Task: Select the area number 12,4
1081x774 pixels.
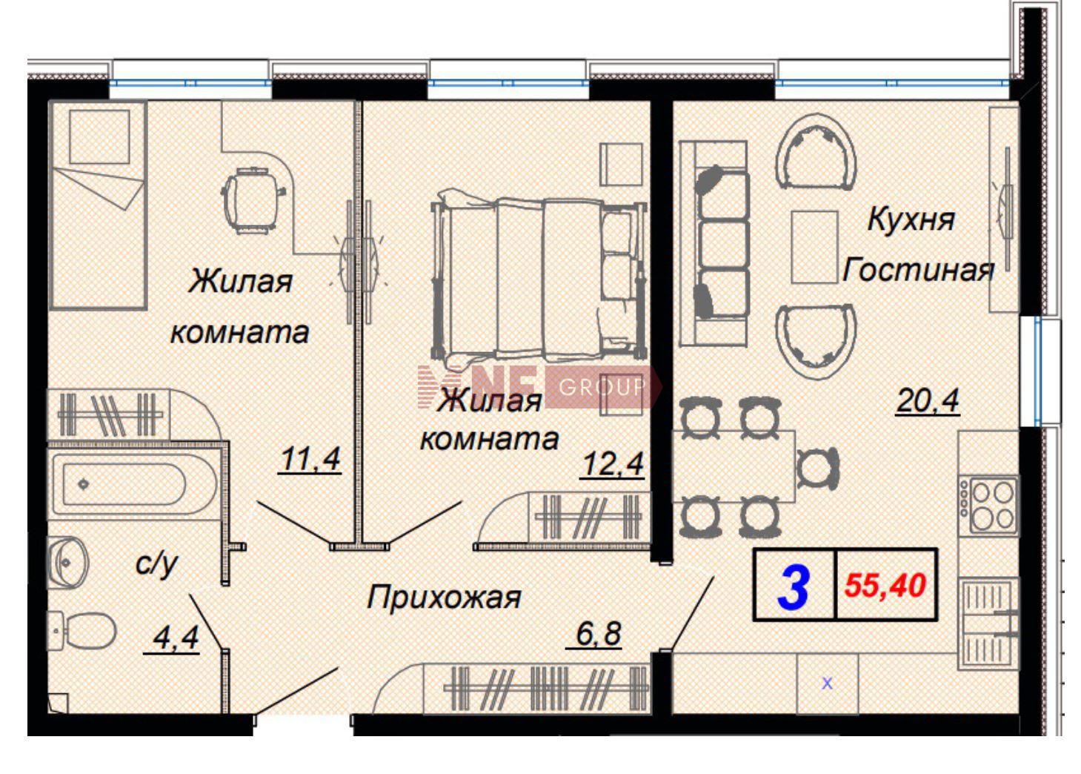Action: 613,464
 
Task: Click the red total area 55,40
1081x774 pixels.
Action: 885,586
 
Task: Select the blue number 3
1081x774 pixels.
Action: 794,587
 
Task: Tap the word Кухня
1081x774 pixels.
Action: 911,219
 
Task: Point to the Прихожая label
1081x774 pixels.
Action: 444,598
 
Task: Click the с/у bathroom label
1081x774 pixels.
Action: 157,564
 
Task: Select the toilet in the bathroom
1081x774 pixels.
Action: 82,631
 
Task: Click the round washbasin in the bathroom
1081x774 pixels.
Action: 68,563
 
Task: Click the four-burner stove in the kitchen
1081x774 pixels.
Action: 989,505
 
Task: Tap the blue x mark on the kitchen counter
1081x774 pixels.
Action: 827,684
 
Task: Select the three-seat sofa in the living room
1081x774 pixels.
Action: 714,244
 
